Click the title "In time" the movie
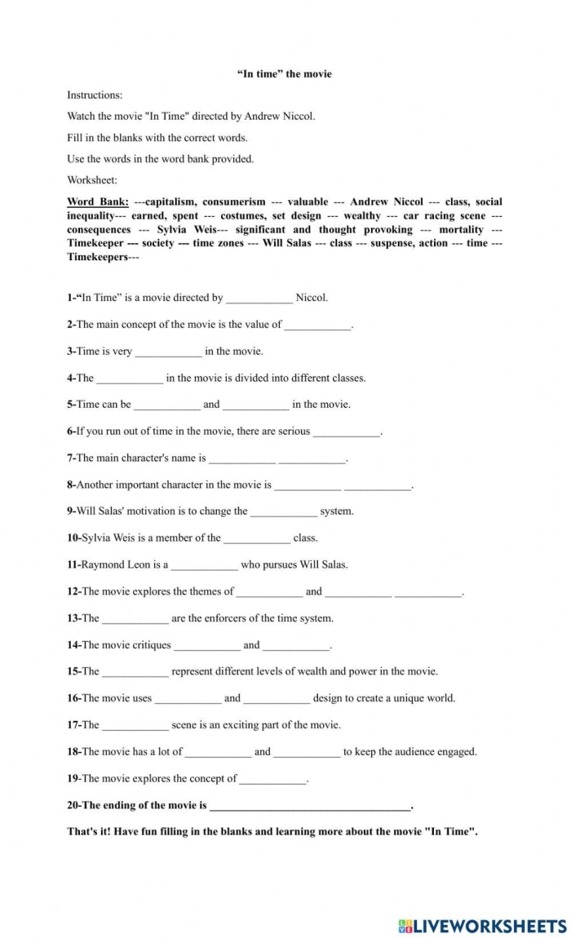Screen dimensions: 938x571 click(x=285, y=73)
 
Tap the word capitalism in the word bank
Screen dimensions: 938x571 click(x=170, y=201)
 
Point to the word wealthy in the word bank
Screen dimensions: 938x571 click(x=361, y=216)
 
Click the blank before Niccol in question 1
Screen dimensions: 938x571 click(x=259, y=299)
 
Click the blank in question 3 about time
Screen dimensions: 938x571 click(x=168, y=352)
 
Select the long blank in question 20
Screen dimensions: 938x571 click(x=310, y=806)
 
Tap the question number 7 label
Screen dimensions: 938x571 click(x=71, y=458)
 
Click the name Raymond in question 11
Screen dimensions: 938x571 click(x=104, y=564)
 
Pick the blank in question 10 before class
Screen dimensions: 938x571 click(x=256, y=538)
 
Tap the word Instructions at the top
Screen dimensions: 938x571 click(x=95, y=95)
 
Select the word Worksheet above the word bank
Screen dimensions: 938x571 click(x=92, y=180)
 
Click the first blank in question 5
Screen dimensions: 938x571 click(x=166, y=405)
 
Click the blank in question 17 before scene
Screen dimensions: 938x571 click(x=135, y=726)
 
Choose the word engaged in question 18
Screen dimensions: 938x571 click(x=455, y=752)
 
